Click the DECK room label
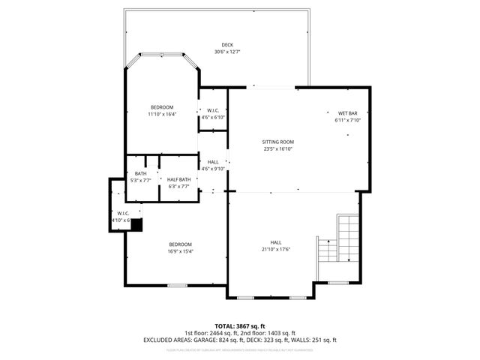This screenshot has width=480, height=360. click(x=226, y=45)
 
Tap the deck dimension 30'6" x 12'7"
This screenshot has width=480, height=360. click(x=226, y=52)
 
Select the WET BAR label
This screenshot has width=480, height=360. click(x=347, y=113)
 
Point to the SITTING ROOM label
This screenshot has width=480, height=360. click(x=277, y=142)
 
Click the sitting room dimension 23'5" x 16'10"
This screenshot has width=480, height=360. click(x=277, y=148)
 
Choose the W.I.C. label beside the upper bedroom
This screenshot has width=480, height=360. click(x=212, y=111)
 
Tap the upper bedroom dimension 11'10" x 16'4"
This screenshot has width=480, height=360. click(x=161, y=114)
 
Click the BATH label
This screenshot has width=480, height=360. click(x=140, y=174)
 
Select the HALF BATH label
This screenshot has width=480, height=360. click(x=178, y=179)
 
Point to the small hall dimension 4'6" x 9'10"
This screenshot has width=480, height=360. click(x=213, y=169)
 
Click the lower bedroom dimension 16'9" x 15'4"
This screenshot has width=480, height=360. click(x=180, y=251)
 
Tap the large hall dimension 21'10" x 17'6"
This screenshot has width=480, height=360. click(x=276, y=249)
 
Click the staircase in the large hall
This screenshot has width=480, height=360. click(x=346, y=238)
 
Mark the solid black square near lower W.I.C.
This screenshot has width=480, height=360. click(x=136, y=223)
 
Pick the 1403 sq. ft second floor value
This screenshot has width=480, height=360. click(x=279, y=333)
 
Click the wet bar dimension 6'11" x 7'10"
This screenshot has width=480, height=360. click(x=347, y=120)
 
